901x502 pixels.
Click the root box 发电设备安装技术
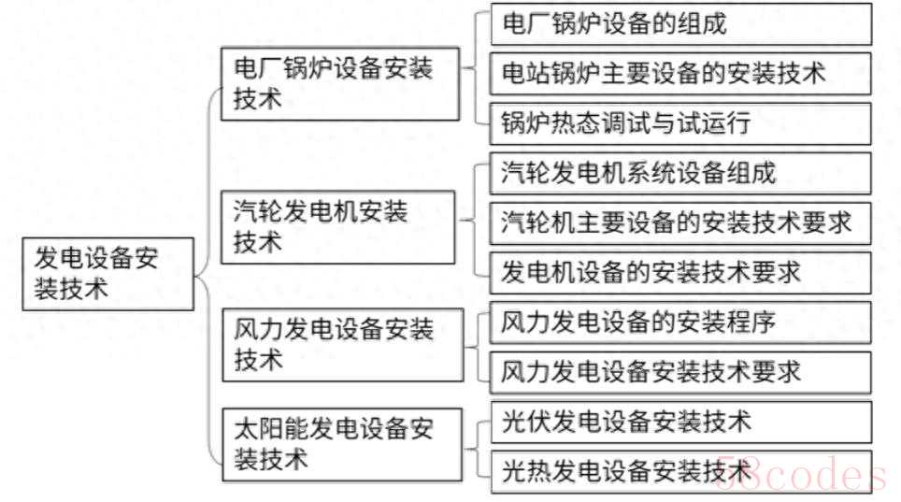pyautogui.click(x=108, y=273)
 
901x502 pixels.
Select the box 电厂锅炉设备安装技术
pyautogui.click(x=340, y=84)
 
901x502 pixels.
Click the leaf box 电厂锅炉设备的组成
pyautogui.click(x=681, y=23)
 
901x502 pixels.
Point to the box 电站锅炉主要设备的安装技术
pyautogui.click(x=681, y=73)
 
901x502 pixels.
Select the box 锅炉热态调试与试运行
pyautogui.click(x=681, y=122)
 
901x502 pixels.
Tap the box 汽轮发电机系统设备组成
pyautogui.click(x=681, y=173)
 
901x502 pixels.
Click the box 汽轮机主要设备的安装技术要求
pyautogui.click(x=681, y=222)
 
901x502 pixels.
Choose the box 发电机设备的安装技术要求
pyautogui.click(x=681, y=272)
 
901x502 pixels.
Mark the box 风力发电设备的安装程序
pyautogui.click(x=681, y=323)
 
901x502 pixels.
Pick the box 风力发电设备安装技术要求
pyautogui.click(x=681, y=372)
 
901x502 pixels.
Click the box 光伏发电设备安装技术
pyautogui.click(x=681, y=422)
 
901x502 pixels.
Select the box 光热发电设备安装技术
pyautogui.click(x=681, y=471)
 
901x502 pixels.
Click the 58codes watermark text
pyautogui.click(x=799, y=476)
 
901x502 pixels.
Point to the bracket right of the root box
pyautogui.click(x=207, y=273)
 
